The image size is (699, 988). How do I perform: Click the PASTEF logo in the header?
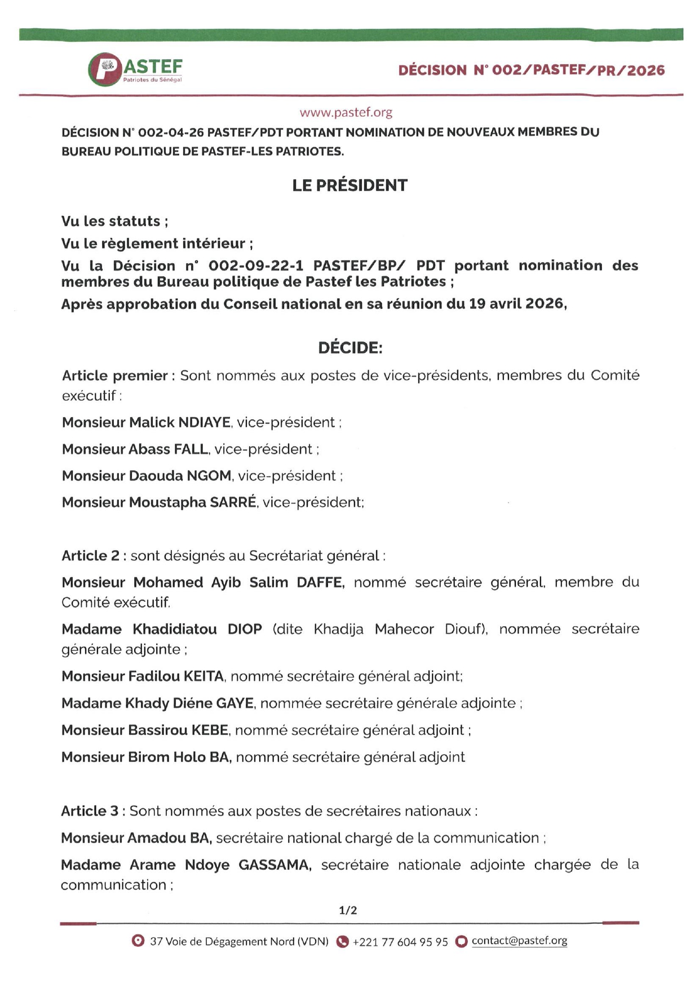pos(135,69)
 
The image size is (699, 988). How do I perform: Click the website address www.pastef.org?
pos(346,112)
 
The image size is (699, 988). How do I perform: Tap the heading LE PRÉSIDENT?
pos(349,185)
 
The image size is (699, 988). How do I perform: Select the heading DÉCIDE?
pos(350,348)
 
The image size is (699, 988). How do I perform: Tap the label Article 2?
pos(90,556)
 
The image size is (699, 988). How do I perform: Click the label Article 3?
pos(90,811)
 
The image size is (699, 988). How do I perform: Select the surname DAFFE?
pos(320,582)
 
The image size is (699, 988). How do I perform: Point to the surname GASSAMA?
pos(275,865)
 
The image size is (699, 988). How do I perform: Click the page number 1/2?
pos(348,910)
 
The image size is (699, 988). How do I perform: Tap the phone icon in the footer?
pos(342,941)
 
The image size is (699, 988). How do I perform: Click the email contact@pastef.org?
pos(519,941)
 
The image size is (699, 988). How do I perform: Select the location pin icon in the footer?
pos(138,941)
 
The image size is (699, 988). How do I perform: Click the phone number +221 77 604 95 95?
pos(400,942)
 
